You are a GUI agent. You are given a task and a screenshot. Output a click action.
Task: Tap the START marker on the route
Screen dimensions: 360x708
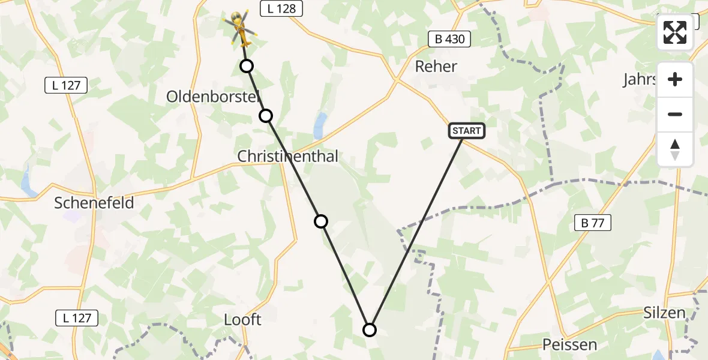point(466,130)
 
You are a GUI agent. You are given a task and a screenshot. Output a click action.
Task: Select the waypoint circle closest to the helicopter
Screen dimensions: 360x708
point(247,66)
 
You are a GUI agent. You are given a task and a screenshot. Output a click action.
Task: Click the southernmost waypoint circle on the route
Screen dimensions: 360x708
point(370,329)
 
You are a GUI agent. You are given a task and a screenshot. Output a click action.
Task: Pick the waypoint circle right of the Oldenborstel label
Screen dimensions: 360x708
point(266,115)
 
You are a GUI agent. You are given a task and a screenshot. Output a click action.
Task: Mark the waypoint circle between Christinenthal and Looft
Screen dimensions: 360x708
point(321,221)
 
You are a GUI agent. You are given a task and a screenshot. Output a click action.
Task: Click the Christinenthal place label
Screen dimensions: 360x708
point(287,156)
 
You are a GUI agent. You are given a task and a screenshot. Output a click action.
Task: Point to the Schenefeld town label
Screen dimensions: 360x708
point(94,203)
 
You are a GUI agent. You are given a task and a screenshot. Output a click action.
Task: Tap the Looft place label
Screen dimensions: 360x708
point(242,320)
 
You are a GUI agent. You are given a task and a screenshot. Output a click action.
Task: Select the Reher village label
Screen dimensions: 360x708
point(436,67)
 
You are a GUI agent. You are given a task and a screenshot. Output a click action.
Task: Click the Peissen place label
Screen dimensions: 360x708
point(569,344)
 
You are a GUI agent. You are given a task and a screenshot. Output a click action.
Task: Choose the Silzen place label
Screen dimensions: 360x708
point(664,313)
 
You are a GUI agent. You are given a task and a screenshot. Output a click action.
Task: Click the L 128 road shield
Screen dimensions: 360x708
point(281,8)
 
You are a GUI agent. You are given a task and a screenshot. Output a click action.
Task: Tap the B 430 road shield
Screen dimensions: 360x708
point(449,40)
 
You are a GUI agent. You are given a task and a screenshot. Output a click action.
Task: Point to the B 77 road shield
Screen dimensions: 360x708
point(592,223)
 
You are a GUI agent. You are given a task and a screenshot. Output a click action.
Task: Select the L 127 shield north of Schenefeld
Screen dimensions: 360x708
point(67,85)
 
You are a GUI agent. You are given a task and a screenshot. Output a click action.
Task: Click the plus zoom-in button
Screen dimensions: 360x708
point(675,79)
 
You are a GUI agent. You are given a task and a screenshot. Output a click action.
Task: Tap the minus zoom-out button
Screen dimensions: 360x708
point(675,114)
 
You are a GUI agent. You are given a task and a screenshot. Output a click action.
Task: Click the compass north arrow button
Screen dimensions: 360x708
point(675,149)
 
